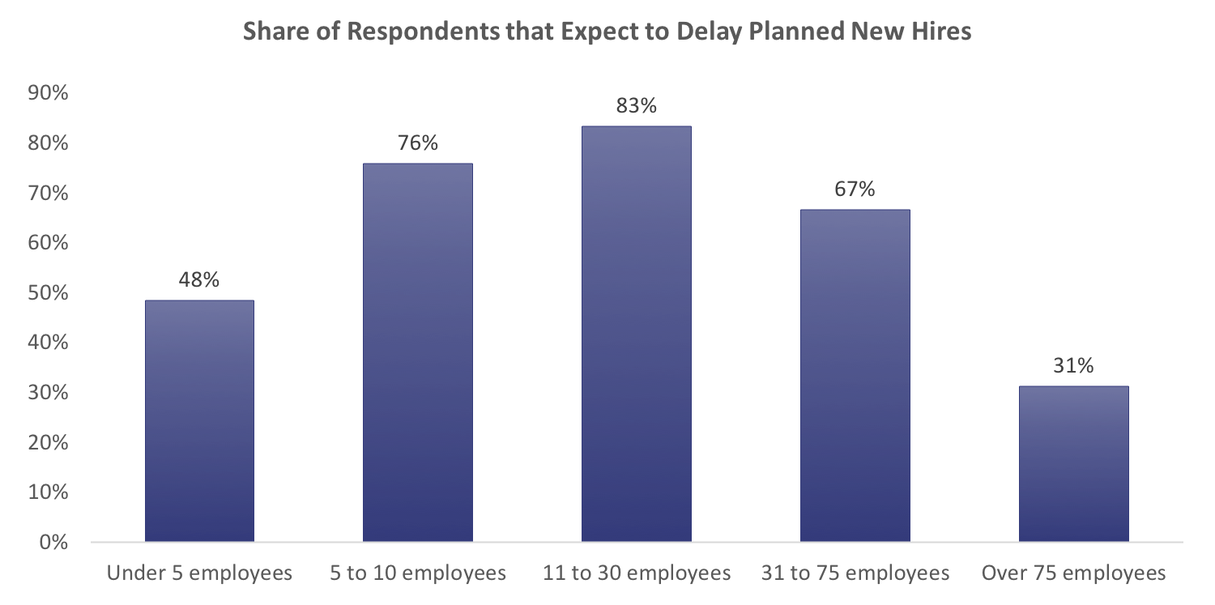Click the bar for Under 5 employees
coord(199,420)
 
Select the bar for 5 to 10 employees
coord(418,352)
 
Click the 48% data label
coord(199,280)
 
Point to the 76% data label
coord(418,143)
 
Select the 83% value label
coord(637,106)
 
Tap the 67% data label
coord(855,190)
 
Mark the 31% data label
coord(1074,366)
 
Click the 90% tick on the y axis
coord(48,93)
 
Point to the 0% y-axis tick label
coord(53,542)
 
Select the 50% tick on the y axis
coord(48,292)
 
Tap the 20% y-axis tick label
coord(48,442)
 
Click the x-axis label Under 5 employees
coord(199,574)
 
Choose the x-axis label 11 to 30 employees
coord(637,574)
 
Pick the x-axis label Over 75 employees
coord(1074,574)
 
